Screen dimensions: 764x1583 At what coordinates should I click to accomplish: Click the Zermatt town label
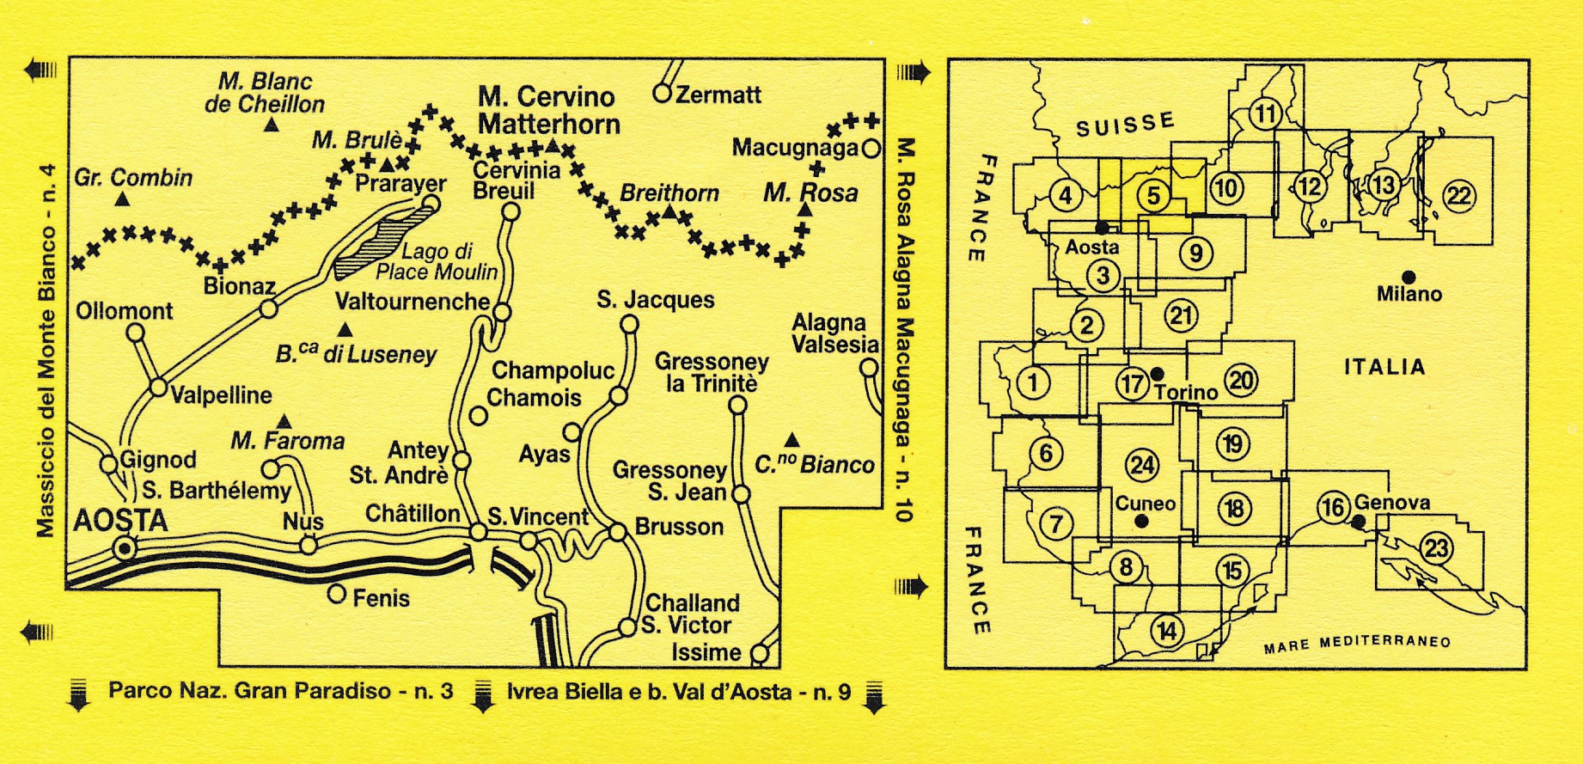coord(718,95)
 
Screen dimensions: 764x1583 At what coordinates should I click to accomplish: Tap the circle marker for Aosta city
coord(126,548)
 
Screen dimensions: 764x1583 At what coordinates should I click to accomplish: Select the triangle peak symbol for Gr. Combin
coord(123,199)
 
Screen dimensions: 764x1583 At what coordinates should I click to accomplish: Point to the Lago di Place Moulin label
coord(437,262)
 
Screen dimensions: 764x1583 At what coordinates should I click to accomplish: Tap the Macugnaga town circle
coord(871,149)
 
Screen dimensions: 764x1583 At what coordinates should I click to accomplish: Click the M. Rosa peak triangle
coord(805,210)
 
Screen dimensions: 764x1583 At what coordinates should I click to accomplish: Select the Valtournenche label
coord(413,302)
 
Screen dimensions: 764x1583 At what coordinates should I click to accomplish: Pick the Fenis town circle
coord(337,594)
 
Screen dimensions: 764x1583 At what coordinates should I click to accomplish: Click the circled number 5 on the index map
coord(1153,196)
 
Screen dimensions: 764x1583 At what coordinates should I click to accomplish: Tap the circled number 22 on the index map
coord(1458,197)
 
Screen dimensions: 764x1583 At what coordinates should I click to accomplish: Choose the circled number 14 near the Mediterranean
coord(1166,632)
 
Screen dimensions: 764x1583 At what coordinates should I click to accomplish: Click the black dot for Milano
coord(1409,277)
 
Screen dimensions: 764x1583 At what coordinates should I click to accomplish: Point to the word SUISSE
coord(1125,125)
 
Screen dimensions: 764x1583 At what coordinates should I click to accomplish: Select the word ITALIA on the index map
coord(1384,367)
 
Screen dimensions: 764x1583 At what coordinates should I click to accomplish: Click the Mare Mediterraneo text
coord(1357,643)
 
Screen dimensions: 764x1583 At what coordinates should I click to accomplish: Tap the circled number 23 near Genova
coord(1436,547)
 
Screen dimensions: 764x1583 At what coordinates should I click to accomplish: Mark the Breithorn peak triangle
coord(669,213)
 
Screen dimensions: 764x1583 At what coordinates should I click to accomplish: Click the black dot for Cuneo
coord(1141,521)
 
